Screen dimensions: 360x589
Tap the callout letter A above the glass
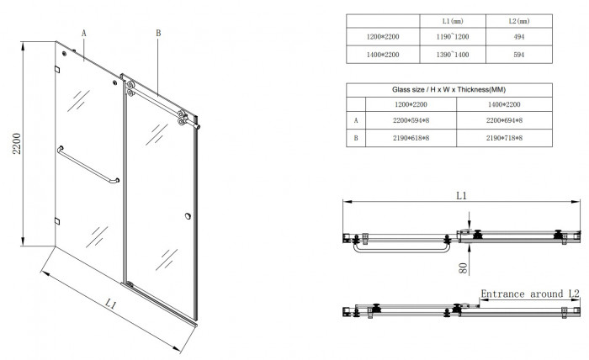[84, 31]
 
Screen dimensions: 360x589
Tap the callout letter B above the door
[157, 33]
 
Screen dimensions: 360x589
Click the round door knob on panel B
[186, 220]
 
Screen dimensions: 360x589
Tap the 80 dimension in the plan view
[463, 268]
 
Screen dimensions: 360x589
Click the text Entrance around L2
[530, 294]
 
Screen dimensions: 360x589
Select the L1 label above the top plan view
[461, 195]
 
